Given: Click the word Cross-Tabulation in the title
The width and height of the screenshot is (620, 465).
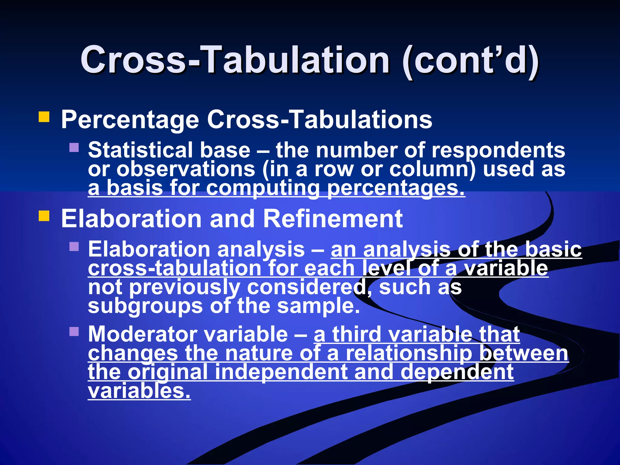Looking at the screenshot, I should (235, 60).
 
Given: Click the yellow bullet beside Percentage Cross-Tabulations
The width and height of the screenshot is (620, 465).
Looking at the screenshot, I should (44, 117).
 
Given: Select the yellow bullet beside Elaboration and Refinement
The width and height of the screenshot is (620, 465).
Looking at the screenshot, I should (44, 216).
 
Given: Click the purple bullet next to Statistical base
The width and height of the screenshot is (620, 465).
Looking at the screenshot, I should (74, 147).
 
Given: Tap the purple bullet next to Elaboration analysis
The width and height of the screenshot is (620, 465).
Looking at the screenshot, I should (74, 246).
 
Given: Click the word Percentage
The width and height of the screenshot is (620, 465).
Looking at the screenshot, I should (130, 120).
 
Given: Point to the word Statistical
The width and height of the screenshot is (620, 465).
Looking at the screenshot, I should (140, 150).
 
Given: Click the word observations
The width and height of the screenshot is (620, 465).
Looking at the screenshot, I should (186, 169).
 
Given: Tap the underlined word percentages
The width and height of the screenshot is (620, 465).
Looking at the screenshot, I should (396, 188).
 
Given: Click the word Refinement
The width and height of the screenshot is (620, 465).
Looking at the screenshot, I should (333, 219).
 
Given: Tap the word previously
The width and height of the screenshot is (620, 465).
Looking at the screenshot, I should (185, 288).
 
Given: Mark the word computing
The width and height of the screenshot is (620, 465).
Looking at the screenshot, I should (263, 188).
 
